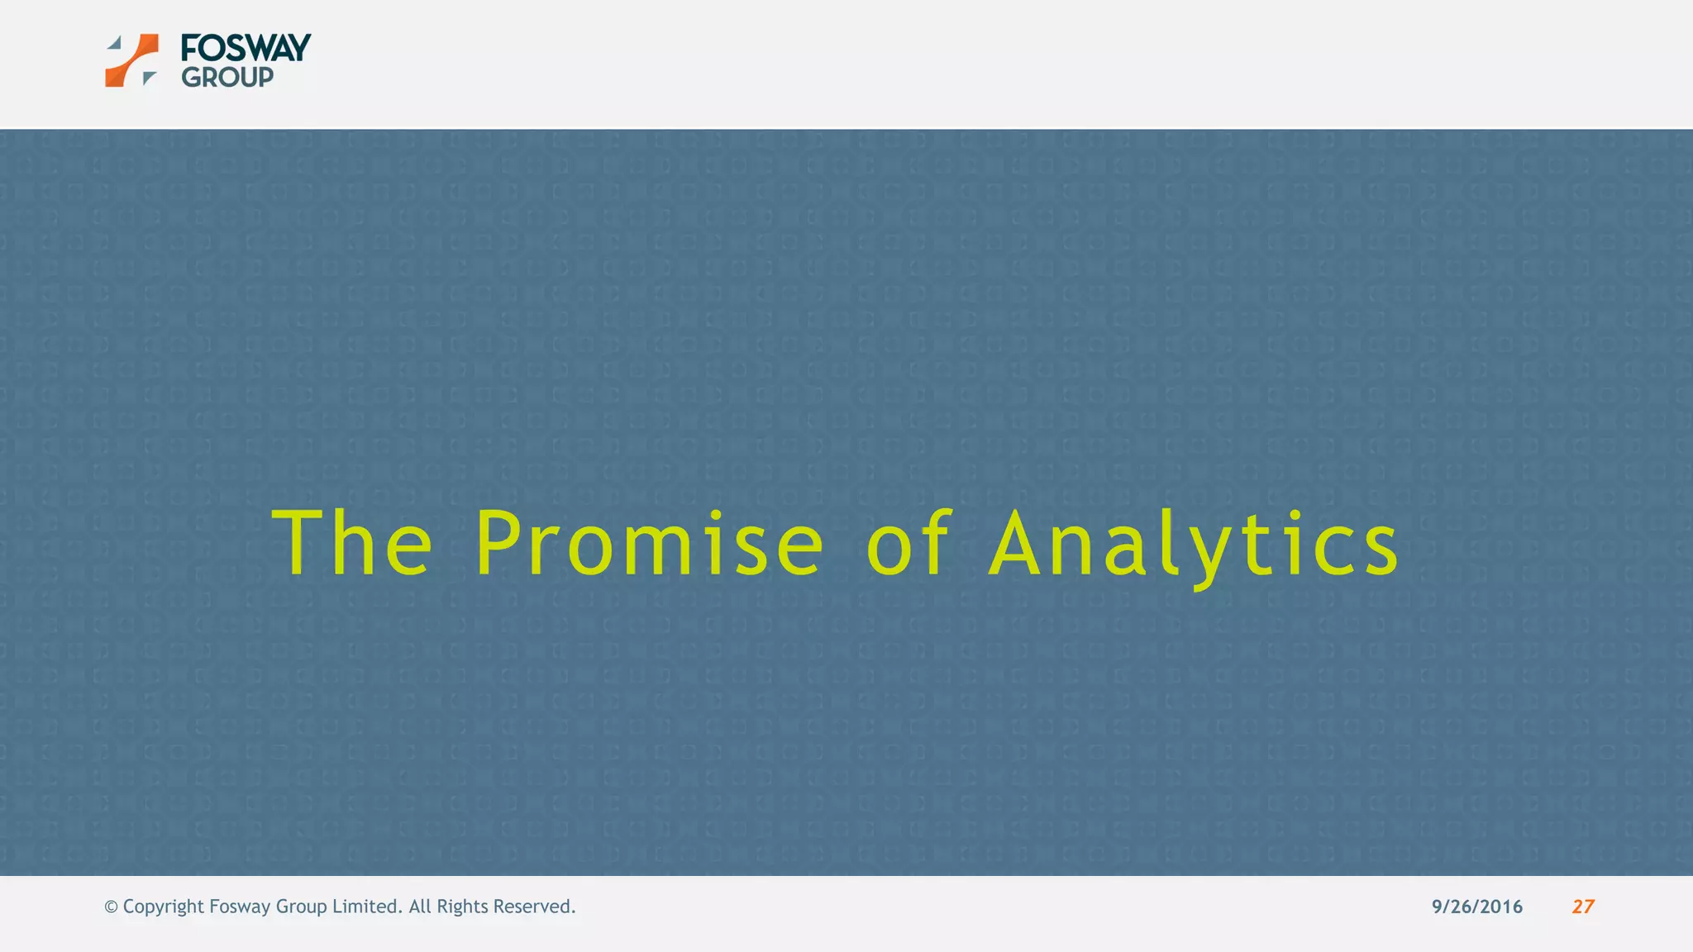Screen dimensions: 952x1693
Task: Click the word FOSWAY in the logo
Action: pos(246,48)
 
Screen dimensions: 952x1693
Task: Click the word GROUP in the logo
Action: pos(227,78)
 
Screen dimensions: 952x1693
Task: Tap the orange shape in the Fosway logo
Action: pos(132,60)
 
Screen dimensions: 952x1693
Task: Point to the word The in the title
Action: pos(352,543)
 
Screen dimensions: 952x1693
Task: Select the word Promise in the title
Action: pos(650,543)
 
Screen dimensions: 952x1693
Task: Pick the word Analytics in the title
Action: pos(1194,543)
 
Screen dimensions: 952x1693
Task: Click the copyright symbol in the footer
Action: pos(111,907)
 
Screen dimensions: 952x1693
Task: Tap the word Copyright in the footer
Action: pos(163,907)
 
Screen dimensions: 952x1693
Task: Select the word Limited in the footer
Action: pos(367,907)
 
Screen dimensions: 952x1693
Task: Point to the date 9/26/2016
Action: pos(1477,907)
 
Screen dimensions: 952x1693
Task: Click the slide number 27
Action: pos(1583,907)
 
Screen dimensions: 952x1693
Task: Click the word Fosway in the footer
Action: pos(240,907)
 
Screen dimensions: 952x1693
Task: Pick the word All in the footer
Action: pos(419,907)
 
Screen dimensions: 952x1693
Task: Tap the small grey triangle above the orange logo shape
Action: pos(116,42)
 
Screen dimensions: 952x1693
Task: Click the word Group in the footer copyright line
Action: pos(301,907)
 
